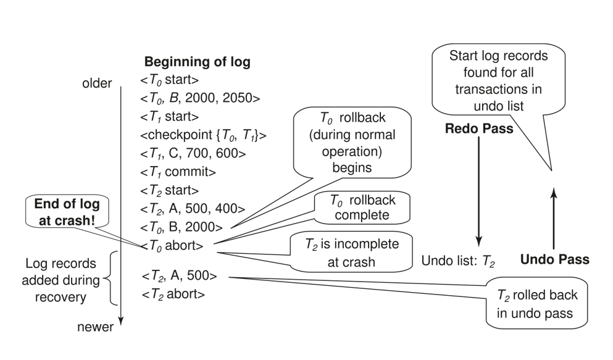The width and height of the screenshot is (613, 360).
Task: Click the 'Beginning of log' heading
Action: [197, 63]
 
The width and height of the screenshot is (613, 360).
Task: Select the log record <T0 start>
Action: [171, 80]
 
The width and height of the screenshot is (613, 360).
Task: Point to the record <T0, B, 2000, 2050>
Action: [201, 98]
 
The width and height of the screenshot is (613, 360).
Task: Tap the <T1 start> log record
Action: [171, 116]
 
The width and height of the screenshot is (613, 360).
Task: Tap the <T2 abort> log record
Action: [173, 294]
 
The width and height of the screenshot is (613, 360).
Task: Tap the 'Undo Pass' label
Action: [554, 260]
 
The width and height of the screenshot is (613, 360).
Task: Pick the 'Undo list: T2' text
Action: [457, 261]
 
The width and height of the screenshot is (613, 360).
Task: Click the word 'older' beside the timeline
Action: [96, 83]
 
